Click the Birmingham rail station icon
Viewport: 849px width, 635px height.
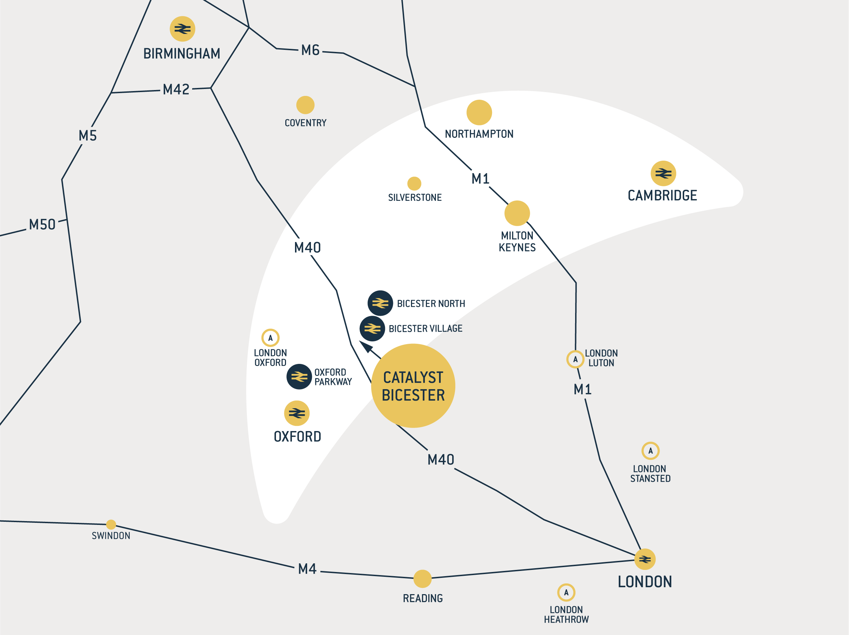click(x=182, y=29)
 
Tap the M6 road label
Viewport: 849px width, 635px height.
click(x=310, y=50)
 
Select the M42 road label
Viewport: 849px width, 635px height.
click(x=176, y=89)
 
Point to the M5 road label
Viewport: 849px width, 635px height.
click(x=88, y=135)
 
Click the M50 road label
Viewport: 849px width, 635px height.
click(x=42, y=225)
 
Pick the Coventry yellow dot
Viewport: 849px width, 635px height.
click(x=305, y=105)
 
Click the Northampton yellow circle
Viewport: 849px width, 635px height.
click(x=479, y=113)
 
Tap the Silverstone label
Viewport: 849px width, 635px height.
click(x=414, y=197)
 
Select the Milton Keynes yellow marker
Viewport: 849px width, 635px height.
click(x=517, y=213)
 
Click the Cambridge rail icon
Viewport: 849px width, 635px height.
click(x=663, y=173)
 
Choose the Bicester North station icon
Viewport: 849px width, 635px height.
click(x=380, y=303)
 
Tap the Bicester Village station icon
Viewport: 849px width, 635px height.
click(x=372, y=329)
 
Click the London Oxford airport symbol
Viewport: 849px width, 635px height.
click(x=270, y=338)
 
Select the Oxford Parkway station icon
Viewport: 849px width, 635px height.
click(x=299, y=377)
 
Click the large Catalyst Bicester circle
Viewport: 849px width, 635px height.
click(x=413, y=386)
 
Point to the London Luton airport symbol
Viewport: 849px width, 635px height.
click(x=575, y=359)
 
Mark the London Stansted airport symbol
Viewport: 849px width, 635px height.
click(x=650, y=451)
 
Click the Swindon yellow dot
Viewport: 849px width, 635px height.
click(x=111, y=525)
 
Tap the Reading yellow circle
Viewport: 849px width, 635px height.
click(x=422, y=579)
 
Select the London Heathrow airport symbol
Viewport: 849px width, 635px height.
click(x=566, y=592)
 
